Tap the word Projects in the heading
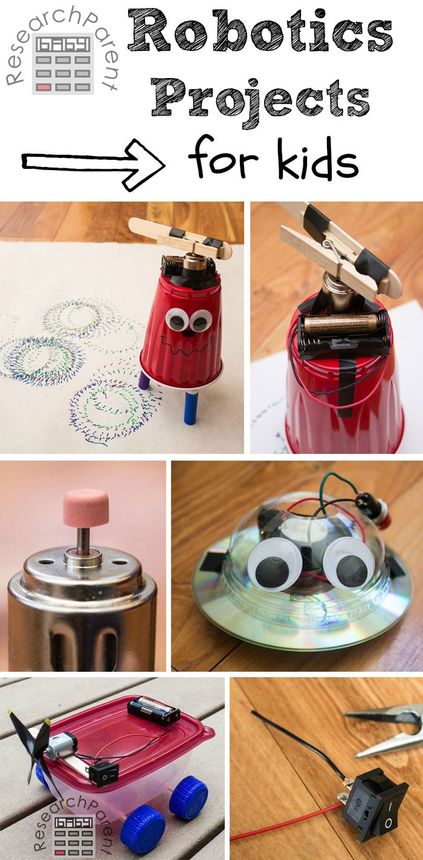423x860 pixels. tap(260, 97)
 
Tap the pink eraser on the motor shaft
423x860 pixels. tap(86, 508)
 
